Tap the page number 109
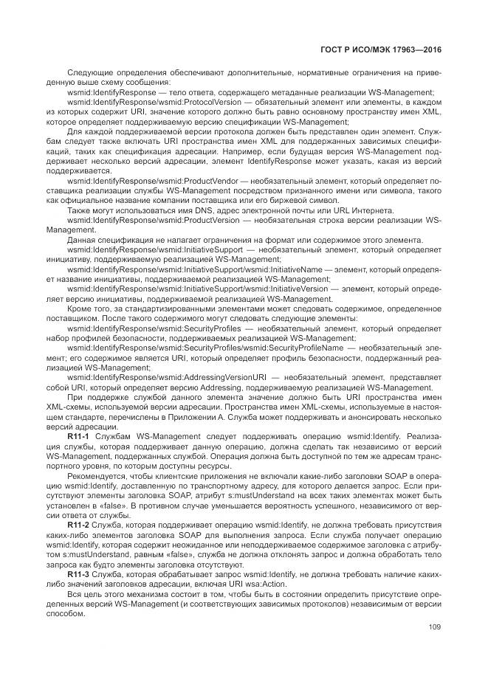point(434,627)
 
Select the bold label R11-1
point(78,438)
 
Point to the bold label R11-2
point(78,522)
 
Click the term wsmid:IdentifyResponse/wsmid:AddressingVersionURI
point(148,377)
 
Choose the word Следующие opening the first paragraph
point(89,72)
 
